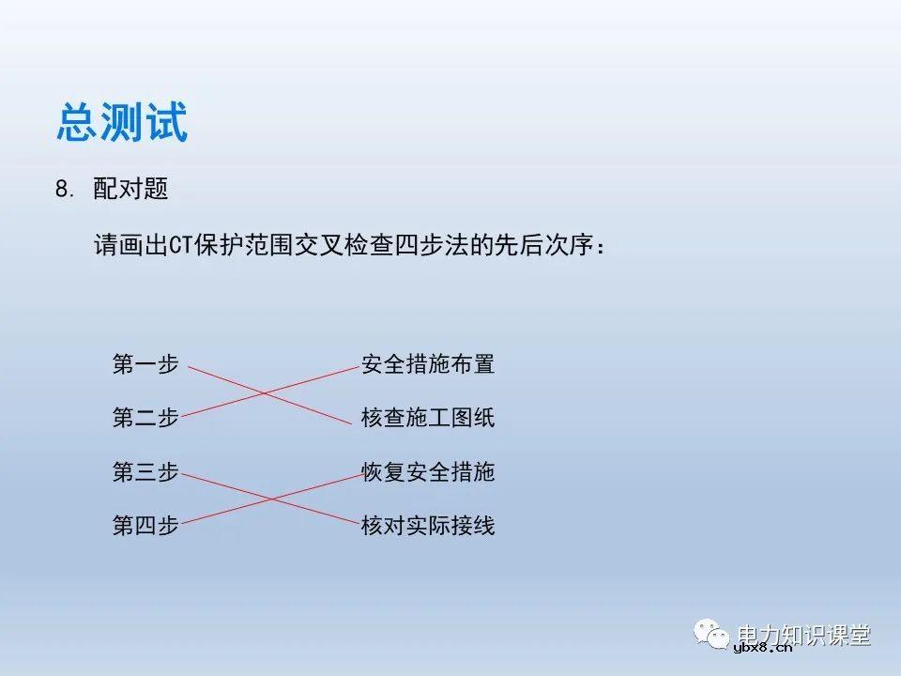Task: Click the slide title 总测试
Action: pos(122,123)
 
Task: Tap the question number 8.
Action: pos(64,189)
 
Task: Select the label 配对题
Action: pos(130,189)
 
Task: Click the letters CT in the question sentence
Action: pos(180,246)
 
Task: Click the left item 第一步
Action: pos(145,364)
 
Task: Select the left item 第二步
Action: pos(145,418)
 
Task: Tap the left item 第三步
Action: pos(145,471)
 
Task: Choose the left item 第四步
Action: pos(145,525)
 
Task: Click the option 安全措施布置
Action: pos(428,364)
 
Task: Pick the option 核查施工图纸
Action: pos(428,418)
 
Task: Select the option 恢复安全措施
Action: pos(428,471)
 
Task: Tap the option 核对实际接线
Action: pos(428,525)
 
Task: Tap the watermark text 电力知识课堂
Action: pos(805,634)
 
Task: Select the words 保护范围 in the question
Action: pos(242,246)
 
